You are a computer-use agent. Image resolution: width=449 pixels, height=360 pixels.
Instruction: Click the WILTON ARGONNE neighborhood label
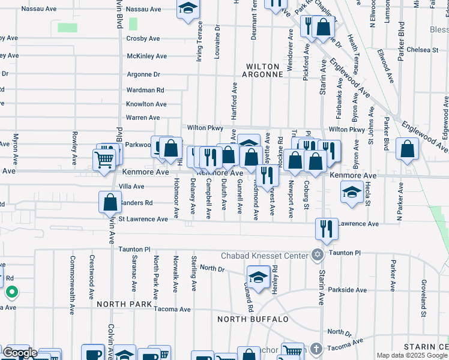click(262, 70)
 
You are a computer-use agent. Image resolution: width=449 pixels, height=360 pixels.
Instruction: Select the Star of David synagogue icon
click(317, 255)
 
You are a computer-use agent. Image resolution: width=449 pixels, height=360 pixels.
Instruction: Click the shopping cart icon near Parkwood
click(104, 160)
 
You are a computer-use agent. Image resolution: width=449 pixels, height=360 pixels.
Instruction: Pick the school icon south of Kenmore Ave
click(352, 193)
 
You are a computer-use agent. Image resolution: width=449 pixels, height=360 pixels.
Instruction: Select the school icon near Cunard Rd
click(258, 278)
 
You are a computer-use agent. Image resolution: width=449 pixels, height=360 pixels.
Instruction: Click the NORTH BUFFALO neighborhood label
click(253, 319)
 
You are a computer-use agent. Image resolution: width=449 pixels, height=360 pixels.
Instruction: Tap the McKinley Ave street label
click(146, 56)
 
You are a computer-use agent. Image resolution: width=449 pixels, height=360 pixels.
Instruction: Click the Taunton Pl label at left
click(133, 249)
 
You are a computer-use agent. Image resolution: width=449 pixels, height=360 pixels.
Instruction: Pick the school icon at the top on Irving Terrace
click(188, 8)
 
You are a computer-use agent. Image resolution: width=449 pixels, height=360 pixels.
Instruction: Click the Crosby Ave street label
click(143, 38)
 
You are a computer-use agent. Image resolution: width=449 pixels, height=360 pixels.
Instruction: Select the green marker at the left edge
click(11, 293)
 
